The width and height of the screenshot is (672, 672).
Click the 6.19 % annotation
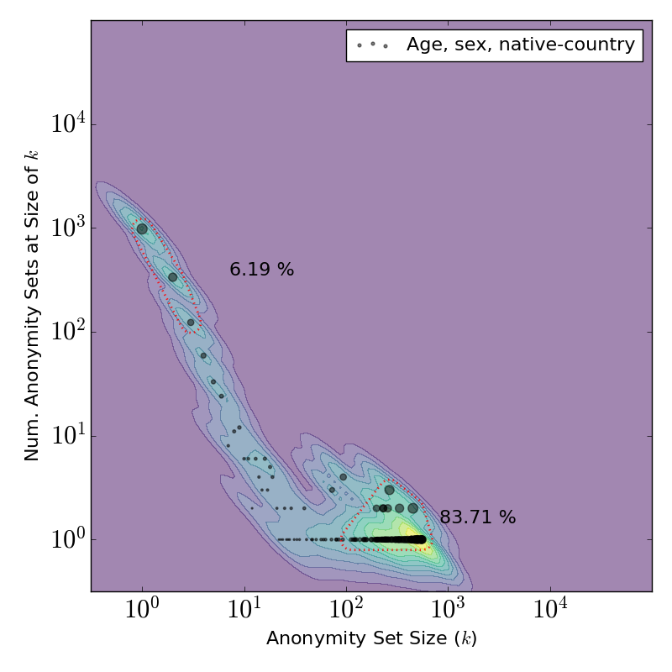pos(261,270)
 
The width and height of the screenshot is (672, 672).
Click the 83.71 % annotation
pos(477,517)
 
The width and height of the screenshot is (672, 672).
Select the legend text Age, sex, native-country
pos(520,45)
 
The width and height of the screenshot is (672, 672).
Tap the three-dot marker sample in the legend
pos(372,45)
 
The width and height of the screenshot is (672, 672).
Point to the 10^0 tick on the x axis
pos(142,612)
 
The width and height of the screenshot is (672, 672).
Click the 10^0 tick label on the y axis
pos(66,539)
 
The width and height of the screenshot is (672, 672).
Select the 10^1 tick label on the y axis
pos(66,436)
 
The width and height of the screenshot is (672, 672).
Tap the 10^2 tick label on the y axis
pos(66,332)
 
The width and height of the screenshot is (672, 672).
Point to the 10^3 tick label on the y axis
pos(66,228)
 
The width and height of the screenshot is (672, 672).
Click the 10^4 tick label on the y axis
pos(66,125)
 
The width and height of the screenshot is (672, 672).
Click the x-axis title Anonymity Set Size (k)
pos(371,639)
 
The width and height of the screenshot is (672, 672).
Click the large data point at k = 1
pos(142,228)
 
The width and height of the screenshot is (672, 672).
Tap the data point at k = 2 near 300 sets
pos(172,277)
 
